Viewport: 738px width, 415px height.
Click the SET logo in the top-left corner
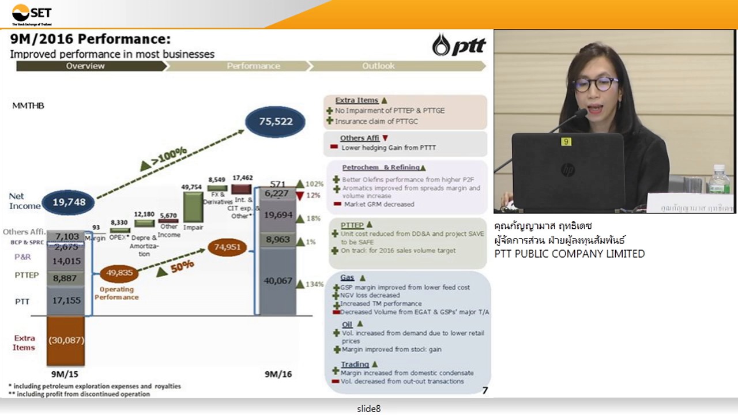[32, 14]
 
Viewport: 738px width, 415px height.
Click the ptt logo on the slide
[459, 45]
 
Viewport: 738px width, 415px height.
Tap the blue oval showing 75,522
[276, 122]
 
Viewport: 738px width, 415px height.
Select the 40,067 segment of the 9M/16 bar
[278, 281]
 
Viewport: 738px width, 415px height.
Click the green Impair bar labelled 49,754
[193, 206]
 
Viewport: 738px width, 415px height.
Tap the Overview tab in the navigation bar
[85, 66]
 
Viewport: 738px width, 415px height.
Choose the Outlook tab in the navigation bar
[378, 66]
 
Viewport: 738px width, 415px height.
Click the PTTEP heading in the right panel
[352, 225]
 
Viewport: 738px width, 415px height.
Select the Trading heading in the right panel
[355, 364]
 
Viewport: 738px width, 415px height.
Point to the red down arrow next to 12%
[299, 195]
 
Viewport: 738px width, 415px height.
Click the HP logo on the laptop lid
[568, 170]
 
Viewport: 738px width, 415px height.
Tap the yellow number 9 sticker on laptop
[566, 142]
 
